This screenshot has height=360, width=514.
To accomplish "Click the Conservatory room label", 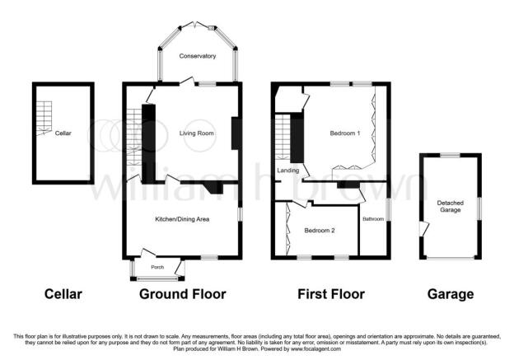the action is (x=198, y=56).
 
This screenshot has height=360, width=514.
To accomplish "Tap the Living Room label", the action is (x=196, y=133).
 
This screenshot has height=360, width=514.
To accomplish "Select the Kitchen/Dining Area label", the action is (x=182, y=219).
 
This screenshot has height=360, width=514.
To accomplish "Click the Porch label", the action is (x=157, y=267).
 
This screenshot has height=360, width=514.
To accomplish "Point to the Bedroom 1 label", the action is (x=345, y=133).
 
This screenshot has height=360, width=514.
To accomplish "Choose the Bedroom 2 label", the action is (x=320, y=231).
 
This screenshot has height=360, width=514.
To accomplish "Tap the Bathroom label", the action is (x=373, y=218).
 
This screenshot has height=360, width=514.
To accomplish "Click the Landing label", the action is (x=287, y=171).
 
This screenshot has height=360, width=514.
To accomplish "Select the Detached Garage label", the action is (x=450, y=206).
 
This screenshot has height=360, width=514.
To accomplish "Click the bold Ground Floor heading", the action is (x=183, y=294).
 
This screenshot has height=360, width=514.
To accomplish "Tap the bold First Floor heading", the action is (x=331, y=294).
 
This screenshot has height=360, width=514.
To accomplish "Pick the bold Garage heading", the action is (x=451, y=294).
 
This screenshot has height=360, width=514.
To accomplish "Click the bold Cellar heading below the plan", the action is (x=63, y=294).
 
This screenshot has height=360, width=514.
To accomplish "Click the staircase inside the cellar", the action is (x=44, y=118).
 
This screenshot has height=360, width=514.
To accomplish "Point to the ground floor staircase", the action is (x=134, y=137).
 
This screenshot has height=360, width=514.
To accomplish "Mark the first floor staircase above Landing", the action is (x=283, y=137).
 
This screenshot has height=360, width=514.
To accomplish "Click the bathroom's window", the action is (x=389, y=209).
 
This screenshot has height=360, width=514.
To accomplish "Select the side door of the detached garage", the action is (x=424, y=228).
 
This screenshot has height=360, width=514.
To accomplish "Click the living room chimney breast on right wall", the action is (x=235, y=133).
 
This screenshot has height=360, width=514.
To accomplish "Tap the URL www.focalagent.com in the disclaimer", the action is (x=315, y=349).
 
